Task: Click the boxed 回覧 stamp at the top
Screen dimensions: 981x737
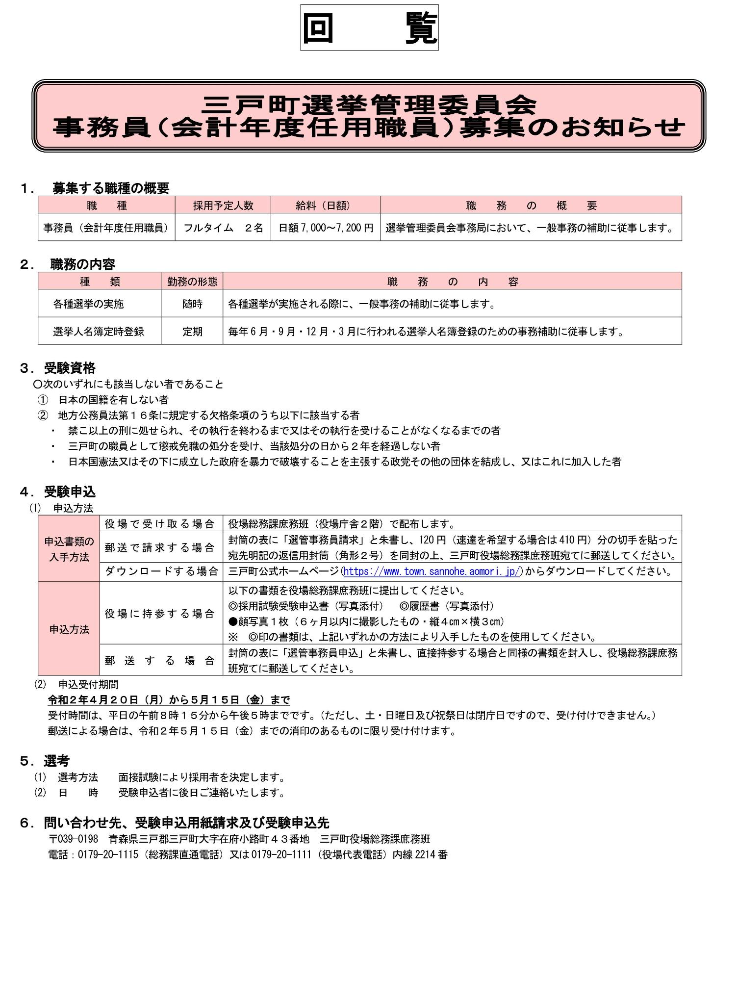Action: point(369,27)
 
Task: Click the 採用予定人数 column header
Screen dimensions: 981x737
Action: point(223,205)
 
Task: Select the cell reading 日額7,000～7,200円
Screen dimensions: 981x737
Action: point(326,228)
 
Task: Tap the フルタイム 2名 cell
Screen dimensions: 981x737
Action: point(223,228)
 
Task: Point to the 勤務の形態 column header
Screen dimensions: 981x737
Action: point(192,281)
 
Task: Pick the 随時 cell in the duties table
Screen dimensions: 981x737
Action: point(192,304)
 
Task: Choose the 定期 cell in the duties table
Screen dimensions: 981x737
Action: point(192,331)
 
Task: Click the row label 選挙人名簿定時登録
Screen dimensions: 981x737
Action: point(99,331)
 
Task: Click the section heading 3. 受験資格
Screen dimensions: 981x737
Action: point(58,368)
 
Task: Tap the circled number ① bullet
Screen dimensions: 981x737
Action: point(43,400)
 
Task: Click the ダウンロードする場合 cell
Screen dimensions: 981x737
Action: point(161,571)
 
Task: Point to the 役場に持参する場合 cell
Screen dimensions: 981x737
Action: point(161,613)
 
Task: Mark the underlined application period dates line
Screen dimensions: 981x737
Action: point(169,699)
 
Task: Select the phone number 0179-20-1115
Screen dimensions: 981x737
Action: point(108,854)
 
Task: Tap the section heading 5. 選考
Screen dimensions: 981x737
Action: point(45,761)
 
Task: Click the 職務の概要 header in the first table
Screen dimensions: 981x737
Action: point(531,205)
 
